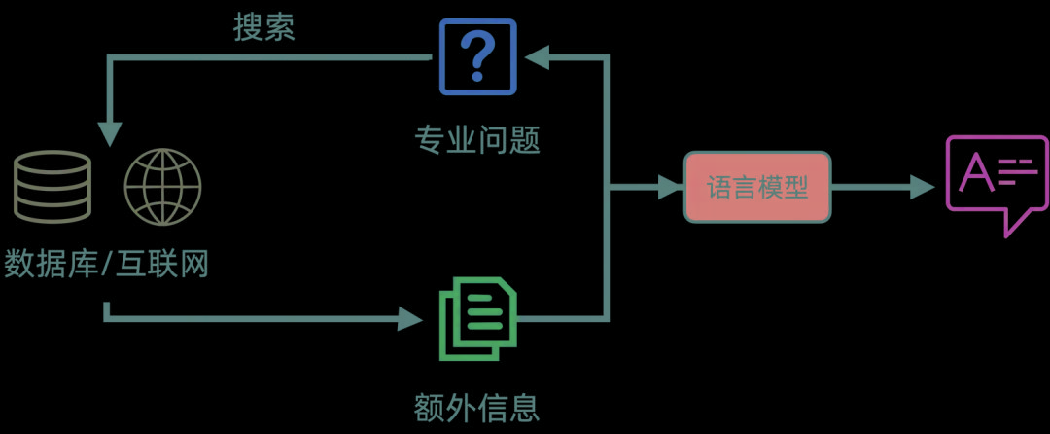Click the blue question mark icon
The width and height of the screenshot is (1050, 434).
tap(476, 56)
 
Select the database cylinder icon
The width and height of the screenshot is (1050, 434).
tap(52, 187)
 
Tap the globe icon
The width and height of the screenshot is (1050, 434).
tap(162, 187)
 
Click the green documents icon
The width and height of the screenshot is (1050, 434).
tap(476, 318)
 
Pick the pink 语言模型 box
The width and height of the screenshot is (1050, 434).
tap(757, 187)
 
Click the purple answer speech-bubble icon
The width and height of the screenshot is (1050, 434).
tap(997, 181)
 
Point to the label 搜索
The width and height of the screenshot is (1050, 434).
tap(263, 27)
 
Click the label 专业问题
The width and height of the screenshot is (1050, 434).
tap(476, 141)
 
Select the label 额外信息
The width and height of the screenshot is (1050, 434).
tap(476, 405)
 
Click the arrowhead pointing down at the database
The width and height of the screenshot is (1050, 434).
tap(109, 134)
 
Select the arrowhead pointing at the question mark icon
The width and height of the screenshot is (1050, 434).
tap(538, 57)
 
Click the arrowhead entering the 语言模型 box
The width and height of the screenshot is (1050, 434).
tap(671, 187)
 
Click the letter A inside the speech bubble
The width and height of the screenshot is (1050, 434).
tap(976, 173)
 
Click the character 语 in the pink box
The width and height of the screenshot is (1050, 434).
tap(719, 187)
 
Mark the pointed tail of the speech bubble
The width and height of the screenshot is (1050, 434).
tap(1009, 232)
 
